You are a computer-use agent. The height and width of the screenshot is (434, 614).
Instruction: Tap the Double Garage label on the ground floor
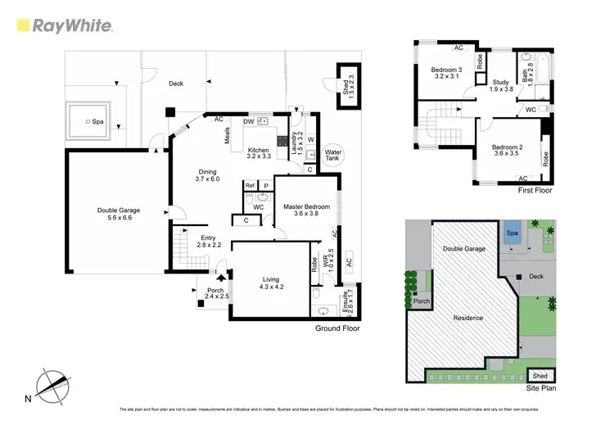pos(118,210)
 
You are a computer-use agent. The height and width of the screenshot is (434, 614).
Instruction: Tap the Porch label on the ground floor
pos(216,291)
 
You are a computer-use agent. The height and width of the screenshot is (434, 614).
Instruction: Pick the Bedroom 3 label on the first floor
pos(448,70)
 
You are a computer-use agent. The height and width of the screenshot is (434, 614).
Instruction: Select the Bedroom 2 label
pos(506,147)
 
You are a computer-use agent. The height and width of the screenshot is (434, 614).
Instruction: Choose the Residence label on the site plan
pos(463,318)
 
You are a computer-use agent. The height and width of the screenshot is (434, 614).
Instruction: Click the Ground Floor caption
pos(337,328)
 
